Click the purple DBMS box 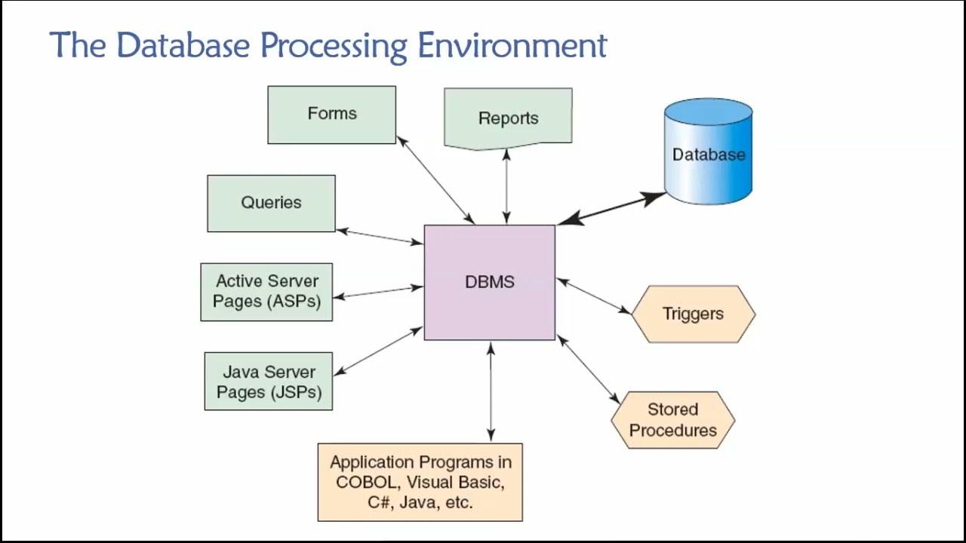[x=489, y=282]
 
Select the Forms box [x=331, y=115]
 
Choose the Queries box [x=271, y=203]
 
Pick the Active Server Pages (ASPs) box [x=266, y=292]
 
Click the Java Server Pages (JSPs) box [x=268, y=382]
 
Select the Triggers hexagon [x=693, y=314]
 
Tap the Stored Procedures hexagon [x=672, y=420]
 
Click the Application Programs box [x=420, y=482]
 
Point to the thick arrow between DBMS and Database [x=611, y=209]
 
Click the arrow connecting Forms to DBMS [x=435, y=180]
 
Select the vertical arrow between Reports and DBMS [x=506, y=186]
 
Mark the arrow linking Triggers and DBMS [x=594, y=296]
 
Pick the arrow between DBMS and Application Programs [x=491, y=391]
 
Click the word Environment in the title [x=512, y=45]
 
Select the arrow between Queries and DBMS [x=379, y=237]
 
